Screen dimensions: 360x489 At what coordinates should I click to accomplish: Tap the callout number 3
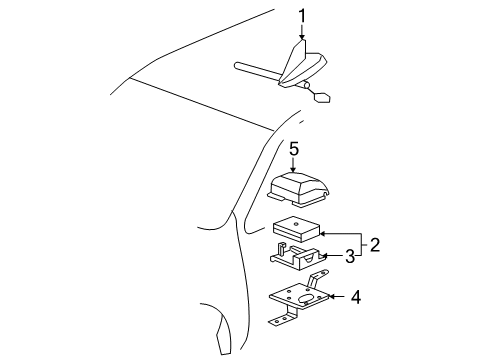(349, 257)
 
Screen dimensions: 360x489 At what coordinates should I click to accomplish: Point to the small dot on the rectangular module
(296, 223)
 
